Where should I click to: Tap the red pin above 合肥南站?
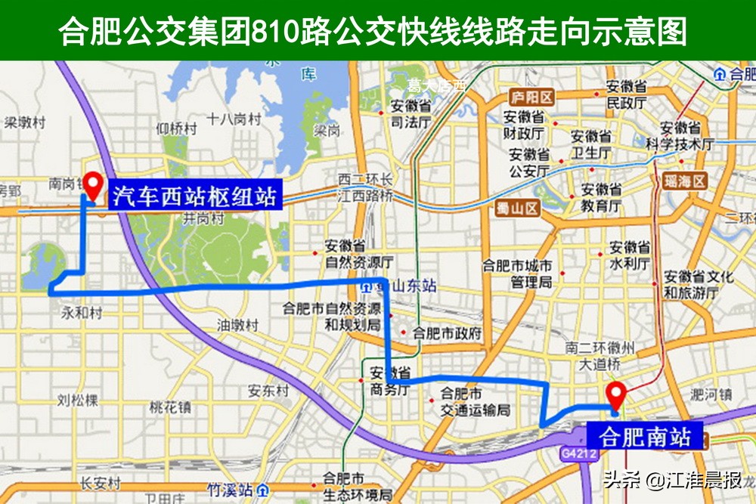click(x=616, y=395)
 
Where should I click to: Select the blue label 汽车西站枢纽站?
click(x=194, y=196)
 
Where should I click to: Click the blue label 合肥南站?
click(x=645, y=438)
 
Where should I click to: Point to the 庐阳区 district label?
click(x=531, y=97)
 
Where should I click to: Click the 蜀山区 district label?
click(x=518, y=209)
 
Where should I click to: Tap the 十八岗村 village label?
click(x=234, y=119)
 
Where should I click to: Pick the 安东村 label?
click(x=268, y=391)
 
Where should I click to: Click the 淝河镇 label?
click(x=711, y=394)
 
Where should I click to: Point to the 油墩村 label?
click(x=237, y=326)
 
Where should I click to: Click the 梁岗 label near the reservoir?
click(x=327, y=131)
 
